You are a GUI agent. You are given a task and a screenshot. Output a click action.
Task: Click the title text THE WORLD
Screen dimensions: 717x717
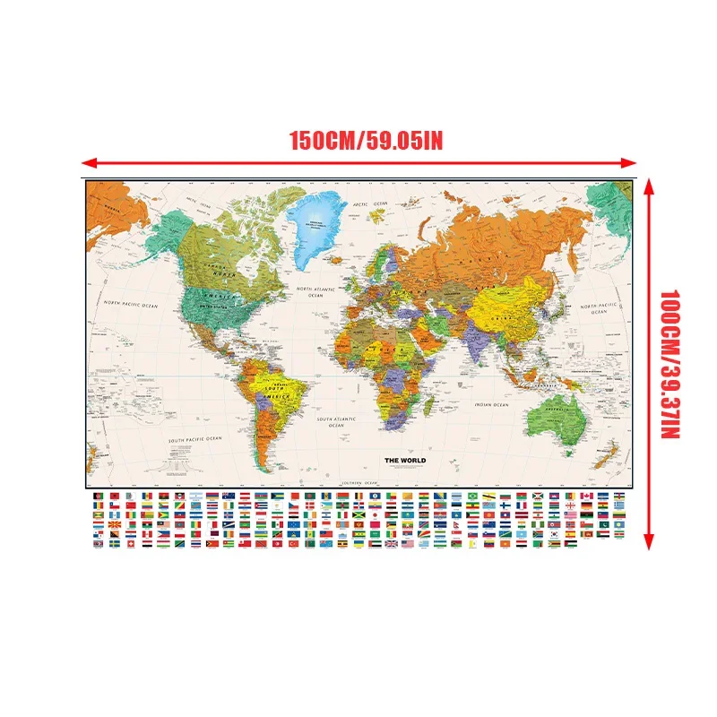click(x=405, y=461)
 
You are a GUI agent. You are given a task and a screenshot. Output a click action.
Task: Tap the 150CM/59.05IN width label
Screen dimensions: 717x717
click(x=367, y=141)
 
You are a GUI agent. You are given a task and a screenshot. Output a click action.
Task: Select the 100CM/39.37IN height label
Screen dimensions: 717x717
click(x=672, y=363)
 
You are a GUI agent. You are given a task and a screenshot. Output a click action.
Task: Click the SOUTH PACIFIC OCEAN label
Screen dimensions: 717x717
click(x=194, y=441)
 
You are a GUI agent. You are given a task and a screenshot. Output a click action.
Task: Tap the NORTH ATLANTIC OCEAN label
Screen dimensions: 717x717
click(x=320, y=292)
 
